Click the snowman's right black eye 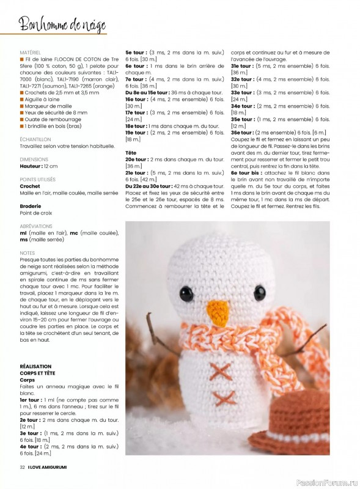(260, 292)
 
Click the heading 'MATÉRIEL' (31, 53)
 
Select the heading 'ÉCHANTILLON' (35, 139)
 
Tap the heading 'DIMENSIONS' (34, 159)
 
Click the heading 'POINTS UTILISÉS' (37, 179)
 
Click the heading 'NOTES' (27, 252)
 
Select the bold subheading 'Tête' (131, 152)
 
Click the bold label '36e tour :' (243, 133)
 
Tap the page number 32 (22, 468)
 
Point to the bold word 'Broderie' (31, 206)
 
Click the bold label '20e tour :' (137, 159)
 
